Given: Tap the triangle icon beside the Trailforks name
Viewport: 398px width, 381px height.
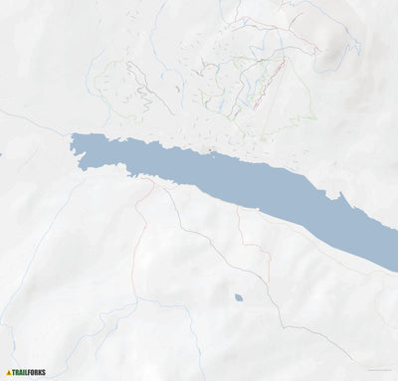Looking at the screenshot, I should tap(9, 373).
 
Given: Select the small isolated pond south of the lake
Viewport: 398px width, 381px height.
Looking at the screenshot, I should tap(238, 297).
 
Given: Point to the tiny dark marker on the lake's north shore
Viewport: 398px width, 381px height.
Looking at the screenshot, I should tap(211, 152).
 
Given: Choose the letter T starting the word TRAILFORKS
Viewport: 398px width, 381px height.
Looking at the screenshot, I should tap(16, 373).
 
